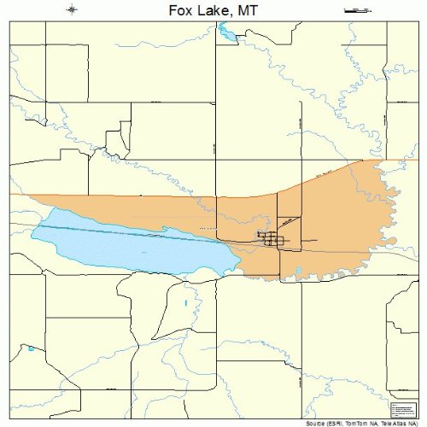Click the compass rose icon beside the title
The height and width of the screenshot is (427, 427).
[x=72, y=9]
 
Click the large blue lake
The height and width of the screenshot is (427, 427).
[x=128, y=243]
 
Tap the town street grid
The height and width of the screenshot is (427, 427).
[x=272, y=240]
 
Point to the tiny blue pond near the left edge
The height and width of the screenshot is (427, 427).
[x=31, y=348]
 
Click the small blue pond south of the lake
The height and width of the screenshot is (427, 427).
[x=186, y=303]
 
